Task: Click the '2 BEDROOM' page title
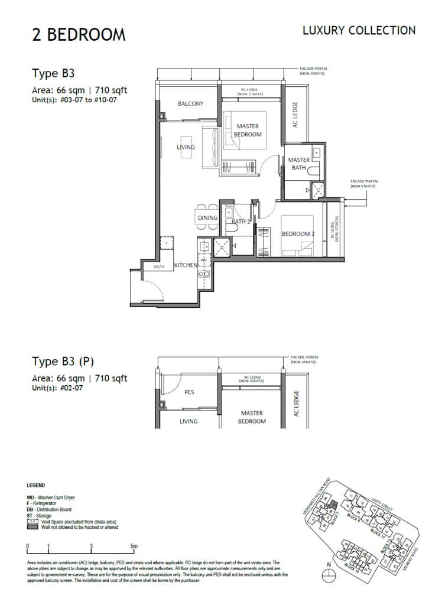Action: pos(79,35)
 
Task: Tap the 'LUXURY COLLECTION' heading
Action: pos(359,30)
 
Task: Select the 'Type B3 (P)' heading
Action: pos(63,362)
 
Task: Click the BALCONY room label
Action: pos(190,103)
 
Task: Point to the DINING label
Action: pos(207,218)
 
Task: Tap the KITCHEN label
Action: pos(186,265)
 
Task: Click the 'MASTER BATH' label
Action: pos(299,164)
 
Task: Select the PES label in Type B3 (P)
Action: pos(190,392)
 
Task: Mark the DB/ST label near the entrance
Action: pos(159,266)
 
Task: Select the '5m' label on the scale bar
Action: pos(134,546)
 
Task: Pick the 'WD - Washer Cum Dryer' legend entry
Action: pos(51,497)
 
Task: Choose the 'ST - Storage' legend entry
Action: pos(43,515)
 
